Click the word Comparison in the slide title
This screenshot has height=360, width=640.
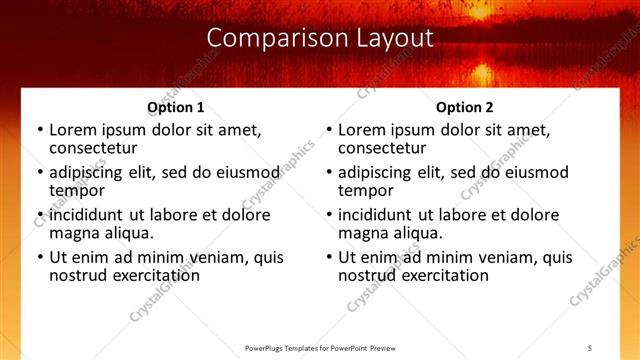[267, 38]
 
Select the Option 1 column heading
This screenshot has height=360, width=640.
[176, 107]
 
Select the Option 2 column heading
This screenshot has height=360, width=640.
[465, 107]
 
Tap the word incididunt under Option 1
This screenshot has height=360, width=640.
[88, 215]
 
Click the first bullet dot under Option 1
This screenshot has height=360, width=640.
[38, 130]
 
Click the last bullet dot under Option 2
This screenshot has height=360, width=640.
[328, 257]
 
